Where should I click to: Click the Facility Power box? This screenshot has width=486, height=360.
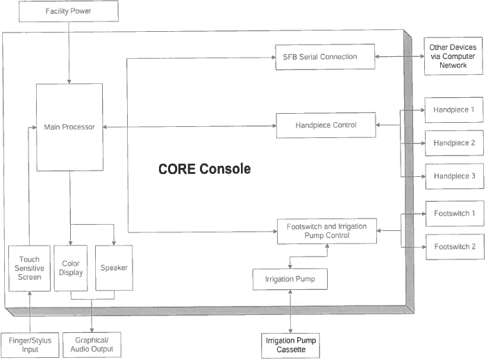coord(69,11)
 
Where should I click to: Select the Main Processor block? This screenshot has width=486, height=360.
coord(69,127)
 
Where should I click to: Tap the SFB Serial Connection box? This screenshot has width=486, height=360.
coord(325,57)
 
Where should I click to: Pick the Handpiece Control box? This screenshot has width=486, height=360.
coord(326,125)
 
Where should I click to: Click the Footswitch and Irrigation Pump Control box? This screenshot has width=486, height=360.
coord(327,231)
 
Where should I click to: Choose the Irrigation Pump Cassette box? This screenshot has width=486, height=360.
coord(290,345)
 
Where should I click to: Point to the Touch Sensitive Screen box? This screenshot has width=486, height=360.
coord(29,268)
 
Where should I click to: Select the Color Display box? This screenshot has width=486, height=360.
coord(71,268)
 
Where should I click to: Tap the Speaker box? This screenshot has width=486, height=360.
coord(114,268)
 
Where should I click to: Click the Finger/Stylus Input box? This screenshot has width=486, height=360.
coord(30,345)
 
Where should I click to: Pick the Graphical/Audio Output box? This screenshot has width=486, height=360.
coord(92,345)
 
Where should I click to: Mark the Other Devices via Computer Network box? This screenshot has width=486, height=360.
coord(453,56)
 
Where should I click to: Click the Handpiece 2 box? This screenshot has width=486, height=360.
coord(454,143)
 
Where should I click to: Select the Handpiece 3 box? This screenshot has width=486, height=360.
coord(454,176)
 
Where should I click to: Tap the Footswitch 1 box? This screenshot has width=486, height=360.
coord(455,214)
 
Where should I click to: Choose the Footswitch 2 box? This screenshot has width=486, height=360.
coord(455,247)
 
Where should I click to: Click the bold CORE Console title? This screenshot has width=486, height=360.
coord(205,169)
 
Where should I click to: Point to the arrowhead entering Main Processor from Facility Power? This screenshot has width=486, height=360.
coord(69,82)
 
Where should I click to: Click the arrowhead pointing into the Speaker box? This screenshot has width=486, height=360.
coord(114,243)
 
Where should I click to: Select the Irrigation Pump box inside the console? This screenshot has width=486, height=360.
coord(290,280)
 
